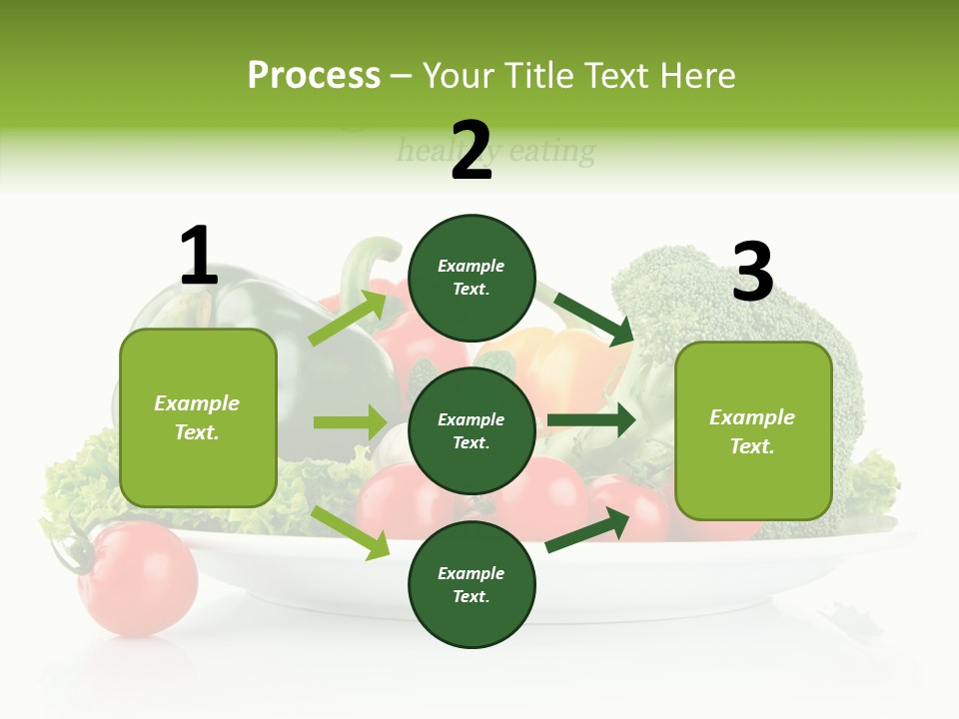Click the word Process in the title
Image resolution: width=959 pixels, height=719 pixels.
(x=314, y=76)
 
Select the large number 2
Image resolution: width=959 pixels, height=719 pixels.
(x=472, y=150)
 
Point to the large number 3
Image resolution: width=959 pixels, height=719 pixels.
(x=752, y=272)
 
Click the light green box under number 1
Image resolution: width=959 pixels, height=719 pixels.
(x=198, y=417)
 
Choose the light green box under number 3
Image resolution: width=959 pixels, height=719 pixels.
(x=753, y=430)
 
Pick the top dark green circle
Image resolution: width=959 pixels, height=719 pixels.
(x=472, y=278)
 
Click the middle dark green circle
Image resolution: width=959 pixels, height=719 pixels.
(x=472, y=430)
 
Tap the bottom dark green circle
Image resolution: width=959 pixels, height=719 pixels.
(x=472, y=584)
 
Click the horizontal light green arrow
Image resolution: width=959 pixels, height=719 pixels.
(x=350, y=422)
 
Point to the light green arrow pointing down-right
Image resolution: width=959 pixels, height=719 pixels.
(x=351, y=532)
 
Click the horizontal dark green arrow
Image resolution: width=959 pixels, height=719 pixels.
(x=591, y=420)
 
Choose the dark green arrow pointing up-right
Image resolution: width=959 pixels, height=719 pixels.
(x=588, y=529)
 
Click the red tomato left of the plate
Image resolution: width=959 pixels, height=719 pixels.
(x=137, y=576)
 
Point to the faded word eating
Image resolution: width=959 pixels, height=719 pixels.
(x=551, y=152)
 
